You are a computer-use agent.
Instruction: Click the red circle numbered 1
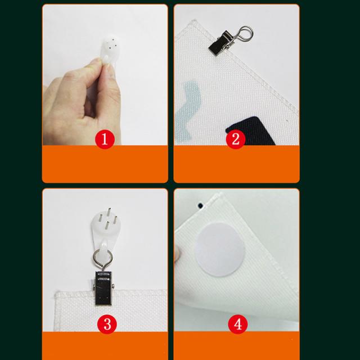point(105,139)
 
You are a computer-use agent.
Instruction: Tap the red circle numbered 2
point(236,139)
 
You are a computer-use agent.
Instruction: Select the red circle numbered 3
point(107,324)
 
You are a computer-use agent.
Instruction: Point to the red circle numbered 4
point(238,324)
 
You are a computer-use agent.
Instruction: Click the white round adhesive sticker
point(219,249)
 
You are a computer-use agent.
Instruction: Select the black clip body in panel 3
point(103,289)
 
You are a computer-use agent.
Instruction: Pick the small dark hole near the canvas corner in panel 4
point(200,205)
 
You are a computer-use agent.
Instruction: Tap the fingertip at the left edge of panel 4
point(177,254)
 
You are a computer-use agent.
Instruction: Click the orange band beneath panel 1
point(105,164)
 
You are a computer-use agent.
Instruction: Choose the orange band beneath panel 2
point(236,164)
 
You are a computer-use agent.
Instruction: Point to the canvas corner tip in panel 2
point(195,21)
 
